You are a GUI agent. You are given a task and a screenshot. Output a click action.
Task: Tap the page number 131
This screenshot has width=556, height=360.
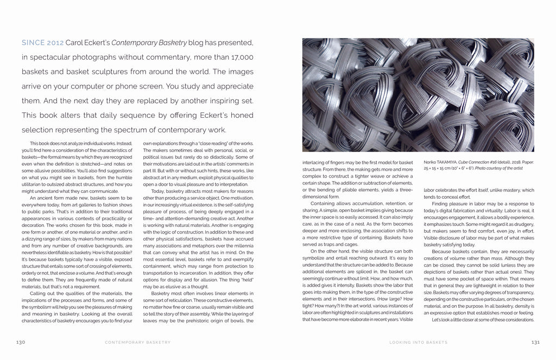click(535, 342)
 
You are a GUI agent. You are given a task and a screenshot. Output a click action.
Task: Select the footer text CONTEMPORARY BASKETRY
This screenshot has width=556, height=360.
click(137, 342)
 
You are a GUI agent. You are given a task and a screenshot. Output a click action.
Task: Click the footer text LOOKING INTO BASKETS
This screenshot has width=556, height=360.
click(418, 342)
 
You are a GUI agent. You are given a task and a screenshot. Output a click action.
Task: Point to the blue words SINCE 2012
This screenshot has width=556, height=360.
click(42, 42)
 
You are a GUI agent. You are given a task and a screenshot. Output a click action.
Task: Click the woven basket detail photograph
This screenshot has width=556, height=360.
click(418, 94)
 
